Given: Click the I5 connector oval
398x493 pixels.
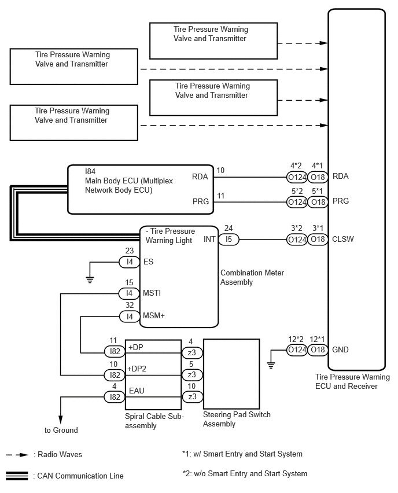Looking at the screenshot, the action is (229, 240).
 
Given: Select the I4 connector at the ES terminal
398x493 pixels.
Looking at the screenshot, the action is (129, 262).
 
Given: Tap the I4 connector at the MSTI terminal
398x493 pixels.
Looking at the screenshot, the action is (129, 293).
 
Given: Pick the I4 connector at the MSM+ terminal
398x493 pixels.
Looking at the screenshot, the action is (130, 317).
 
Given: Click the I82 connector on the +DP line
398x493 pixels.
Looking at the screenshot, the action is (115, 351).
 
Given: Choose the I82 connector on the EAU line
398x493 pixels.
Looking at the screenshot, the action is (115, 397).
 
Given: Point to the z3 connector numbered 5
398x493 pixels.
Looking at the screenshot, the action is (192, 374).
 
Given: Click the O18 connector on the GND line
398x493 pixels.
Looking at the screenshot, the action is (318, 349).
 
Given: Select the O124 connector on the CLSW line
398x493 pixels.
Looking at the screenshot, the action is (297, 240).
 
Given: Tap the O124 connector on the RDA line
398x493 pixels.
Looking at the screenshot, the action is (297, 177).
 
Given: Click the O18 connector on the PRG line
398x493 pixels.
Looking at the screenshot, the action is (318, 202).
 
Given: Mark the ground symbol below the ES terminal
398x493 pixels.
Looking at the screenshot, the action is (90, 279).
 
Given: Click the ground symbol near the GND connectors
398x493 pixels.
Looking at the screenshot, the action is (271, 365).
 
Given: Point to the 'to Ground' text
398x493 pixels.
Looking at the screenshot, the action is (61, 430).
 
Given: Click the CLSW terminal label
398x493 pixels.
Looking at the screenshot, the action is (342, 240).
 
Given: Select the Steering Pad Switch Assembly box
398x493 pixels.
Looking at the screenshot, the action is (232, 374).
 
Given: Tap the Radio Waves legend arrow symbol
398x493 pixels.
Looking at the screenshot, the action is (17, 455).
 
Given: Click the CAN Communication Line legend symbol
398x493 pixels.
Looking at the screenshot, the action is (17, 476).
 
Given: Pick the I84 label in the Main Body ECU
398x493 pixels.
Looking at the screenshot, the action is (90, 171).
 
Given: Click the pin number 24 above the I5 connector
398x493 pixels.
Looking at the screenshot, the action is (229, 228).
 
